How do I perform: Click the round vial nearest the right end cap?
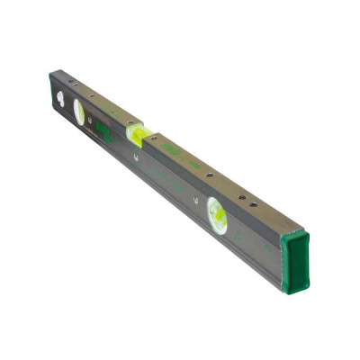tap(217, 215)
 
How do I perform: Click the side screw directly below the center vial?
tap(135, 158)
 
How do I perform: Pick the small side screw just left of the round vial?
tap(195, 199)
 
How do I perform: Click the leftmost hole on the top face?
tap(71, 81)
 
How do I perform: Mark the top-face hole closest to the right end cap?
tap(253, 204)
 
